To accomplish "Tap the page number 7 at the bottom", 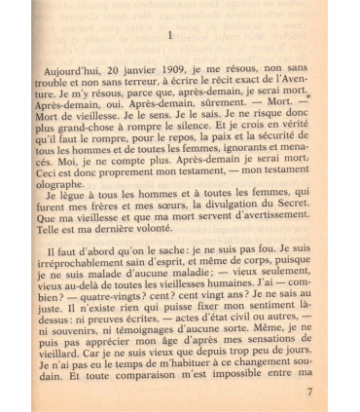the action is (x=309, y=393).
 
